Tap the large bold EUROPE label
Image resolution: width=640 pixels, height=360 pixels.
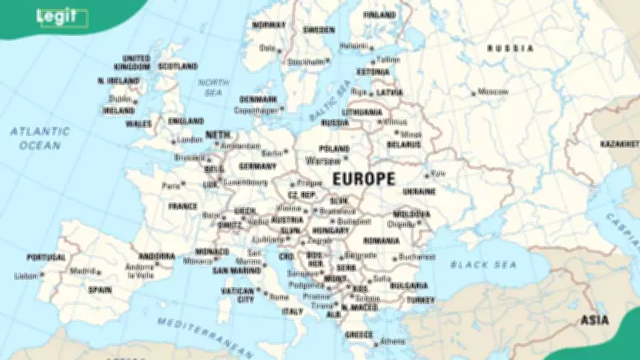tap(363, 178)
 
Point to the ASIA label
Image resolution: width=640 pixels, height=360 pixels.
tap(594, 320)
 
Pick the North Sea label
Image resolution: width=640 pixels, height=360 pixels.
tap(214, 87)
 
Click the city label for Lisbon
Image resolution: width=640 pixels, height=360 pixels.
tap(26, 276)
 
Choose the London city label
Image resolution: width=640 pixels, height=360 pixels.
tap(190, 140)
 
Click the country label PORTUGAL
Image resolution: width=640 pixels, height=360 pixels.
tap(46, 258)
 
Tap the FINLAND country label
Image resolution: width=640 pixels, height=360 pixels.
tap(379, 14)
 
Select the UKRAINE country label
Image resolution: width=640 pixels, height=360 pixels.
tap(419, 192)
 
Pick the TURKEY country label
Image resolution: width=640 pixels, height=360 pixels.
tap(420, 300)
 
